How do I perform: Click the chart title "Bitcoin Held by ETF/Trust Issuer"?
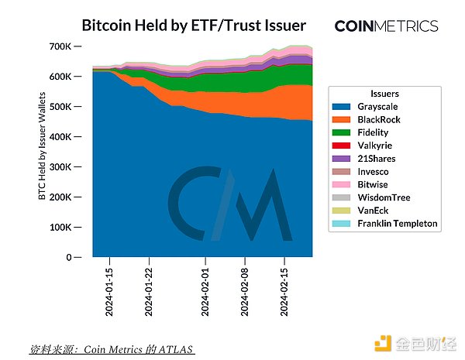coord(194,26)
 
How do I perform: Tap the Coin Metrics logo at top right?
coord(386,26)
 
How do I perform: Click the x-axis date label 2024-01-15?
coord(109,290)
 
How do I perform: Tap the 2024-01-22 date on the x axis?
coord(148,290)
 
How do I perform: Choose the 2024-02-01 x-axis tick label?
coord(205,290)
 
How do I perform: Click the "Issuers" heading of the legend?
coord(385,92)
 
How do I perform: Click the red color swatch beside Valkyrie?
coord(346,146)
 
